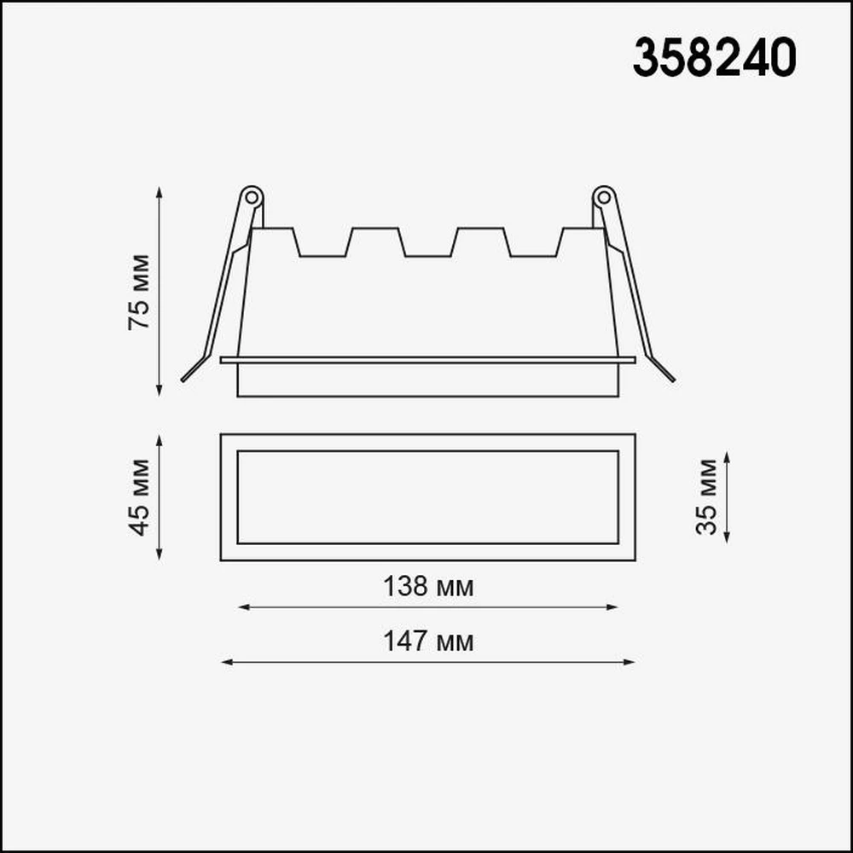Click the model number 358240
pos(714,58)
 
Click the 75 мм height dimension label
pos(139,292)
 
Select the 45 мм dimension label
pos(139,497)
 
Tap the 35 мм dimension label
pos(706,496)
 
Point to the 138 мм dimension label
pos(428,587)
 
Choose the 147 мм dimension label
pos(428,642)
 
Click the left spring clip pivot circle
pos(252,197)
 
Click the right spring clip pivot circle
pos(603,197)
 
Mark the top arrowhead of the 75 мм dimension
pos(160,192)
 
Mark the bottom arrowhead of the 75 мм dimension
pos(160,391)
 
